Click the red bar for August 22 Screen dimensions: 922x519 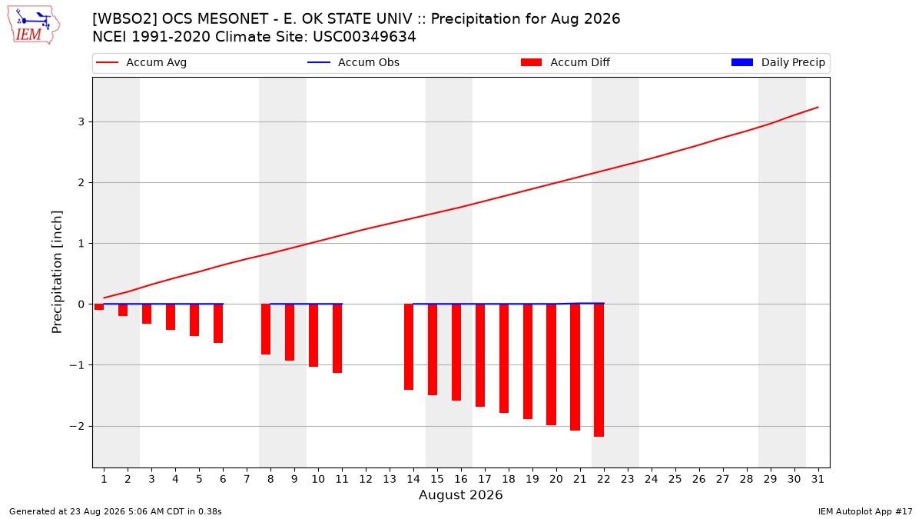599,370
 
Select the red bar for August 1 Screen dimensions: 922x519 99,307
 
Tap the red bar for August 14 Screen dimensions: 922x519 409,347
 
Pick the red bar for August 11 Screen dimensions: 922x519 337,338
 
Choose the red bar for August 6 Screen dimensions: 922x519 218,324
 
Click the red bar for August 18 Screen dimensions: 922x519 504,358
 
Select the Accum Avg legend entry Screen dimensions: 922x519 141,62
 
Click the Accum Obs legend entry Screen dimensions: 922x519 353,62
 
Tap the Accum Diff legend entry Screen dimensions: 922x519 565,62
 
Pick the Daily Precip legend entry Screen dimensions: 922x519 778,62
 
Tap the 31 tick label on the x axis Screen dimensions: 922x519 818,479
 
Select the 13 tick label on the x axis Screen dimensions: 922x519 390,479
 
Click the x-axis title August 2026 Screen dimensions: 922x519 460,494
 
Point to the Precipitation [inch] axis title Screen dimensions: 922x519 57,272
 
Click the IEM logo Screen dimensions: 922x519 33,25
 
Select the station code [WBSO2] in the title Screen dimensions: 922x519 124,19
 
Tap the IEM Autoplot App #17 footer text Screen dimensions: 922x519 865,511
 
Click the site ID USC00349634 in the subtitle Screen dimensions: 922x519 364,37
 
